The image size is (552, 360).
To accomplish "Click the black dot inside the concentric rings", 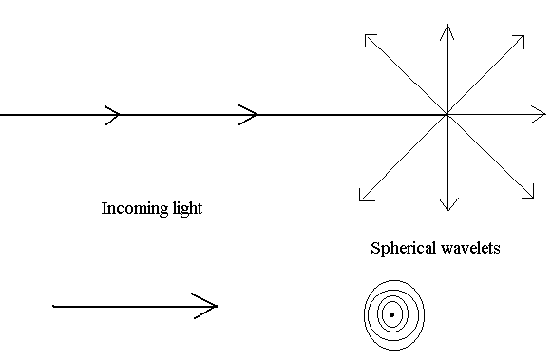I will coord(391,314).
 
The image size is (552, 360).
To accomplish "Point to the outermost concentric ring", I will coord(365,314).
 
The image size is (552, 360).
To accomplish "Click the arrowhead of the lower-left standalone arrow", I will coord(213,306).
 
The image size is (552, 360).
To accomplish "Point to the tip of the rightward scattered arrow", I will coord(544,116).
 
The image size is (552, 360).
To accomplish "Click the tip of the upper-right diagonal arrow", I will coord(524,37).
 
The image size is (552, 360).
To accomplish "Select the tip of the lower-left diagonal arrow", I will coord(361,199).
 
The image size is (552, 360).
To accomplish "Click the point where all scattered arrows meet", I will coord(447,116).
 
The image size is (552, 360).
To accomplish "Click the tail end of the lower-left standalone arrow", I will coord(54,306).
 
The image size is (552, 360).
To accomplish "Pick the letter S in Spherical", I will coord(375,249).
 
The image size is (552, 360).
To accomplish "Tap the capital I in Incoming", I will coord(105,208).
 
